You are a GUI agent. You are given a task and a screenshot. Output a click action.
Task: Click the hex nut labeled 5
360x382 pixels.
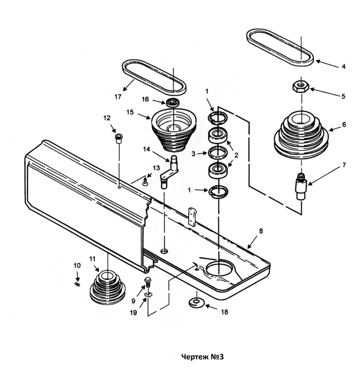[300, 86]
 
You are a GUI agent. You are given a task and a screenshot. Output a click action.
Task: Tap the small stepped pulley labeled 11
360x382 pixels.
[107, 287]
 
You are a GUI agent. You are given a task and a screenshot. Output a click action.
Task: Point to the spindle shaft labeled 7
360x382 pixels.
[301, 186]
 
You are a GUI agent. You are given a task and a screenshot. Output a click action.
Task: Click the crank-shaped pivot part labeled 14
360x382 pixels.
[169, 172]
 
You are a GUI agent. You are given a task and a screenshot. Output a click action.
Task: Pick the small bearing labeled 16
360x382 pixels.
[173, 102]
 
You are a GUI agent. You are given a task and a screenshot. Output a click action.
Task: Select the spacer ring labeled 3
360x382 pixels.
[218, 153]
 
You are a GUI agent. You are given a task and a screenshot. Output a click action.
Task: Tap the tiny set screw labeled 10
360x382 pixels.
[77, 284]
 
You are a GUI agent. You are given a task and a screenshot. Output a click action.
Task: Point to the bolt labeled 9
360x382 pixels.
[148, 282]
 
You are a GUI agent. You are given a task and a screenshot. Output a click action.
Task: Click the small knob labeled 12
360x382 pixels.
[119, 138]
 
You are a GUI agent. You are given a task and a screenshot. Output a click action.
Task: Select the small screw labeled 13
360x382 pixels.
[145, 182]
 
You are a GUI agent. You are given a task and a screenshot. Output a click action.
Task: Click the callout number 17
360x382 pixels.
[118, 97]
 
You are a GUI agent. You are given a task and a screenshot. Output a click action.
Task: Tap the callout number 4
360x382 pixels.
[343, 67]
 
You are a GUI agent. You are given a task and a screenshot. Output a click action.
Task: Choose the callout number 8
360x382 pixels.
[261, 231]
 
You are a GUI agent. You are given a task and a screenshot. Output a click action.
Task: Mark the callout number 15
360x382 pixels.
[130, 112]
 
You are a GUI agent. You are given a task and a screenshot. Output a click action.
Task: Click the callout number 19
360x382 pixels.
[133, 313]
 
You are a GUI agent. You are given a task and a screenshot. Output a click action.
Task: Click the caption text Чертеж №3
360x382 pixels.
[203, 357]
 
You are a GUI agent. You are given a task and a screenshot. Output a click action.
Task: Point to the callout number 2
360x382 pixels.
[236, 155]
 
